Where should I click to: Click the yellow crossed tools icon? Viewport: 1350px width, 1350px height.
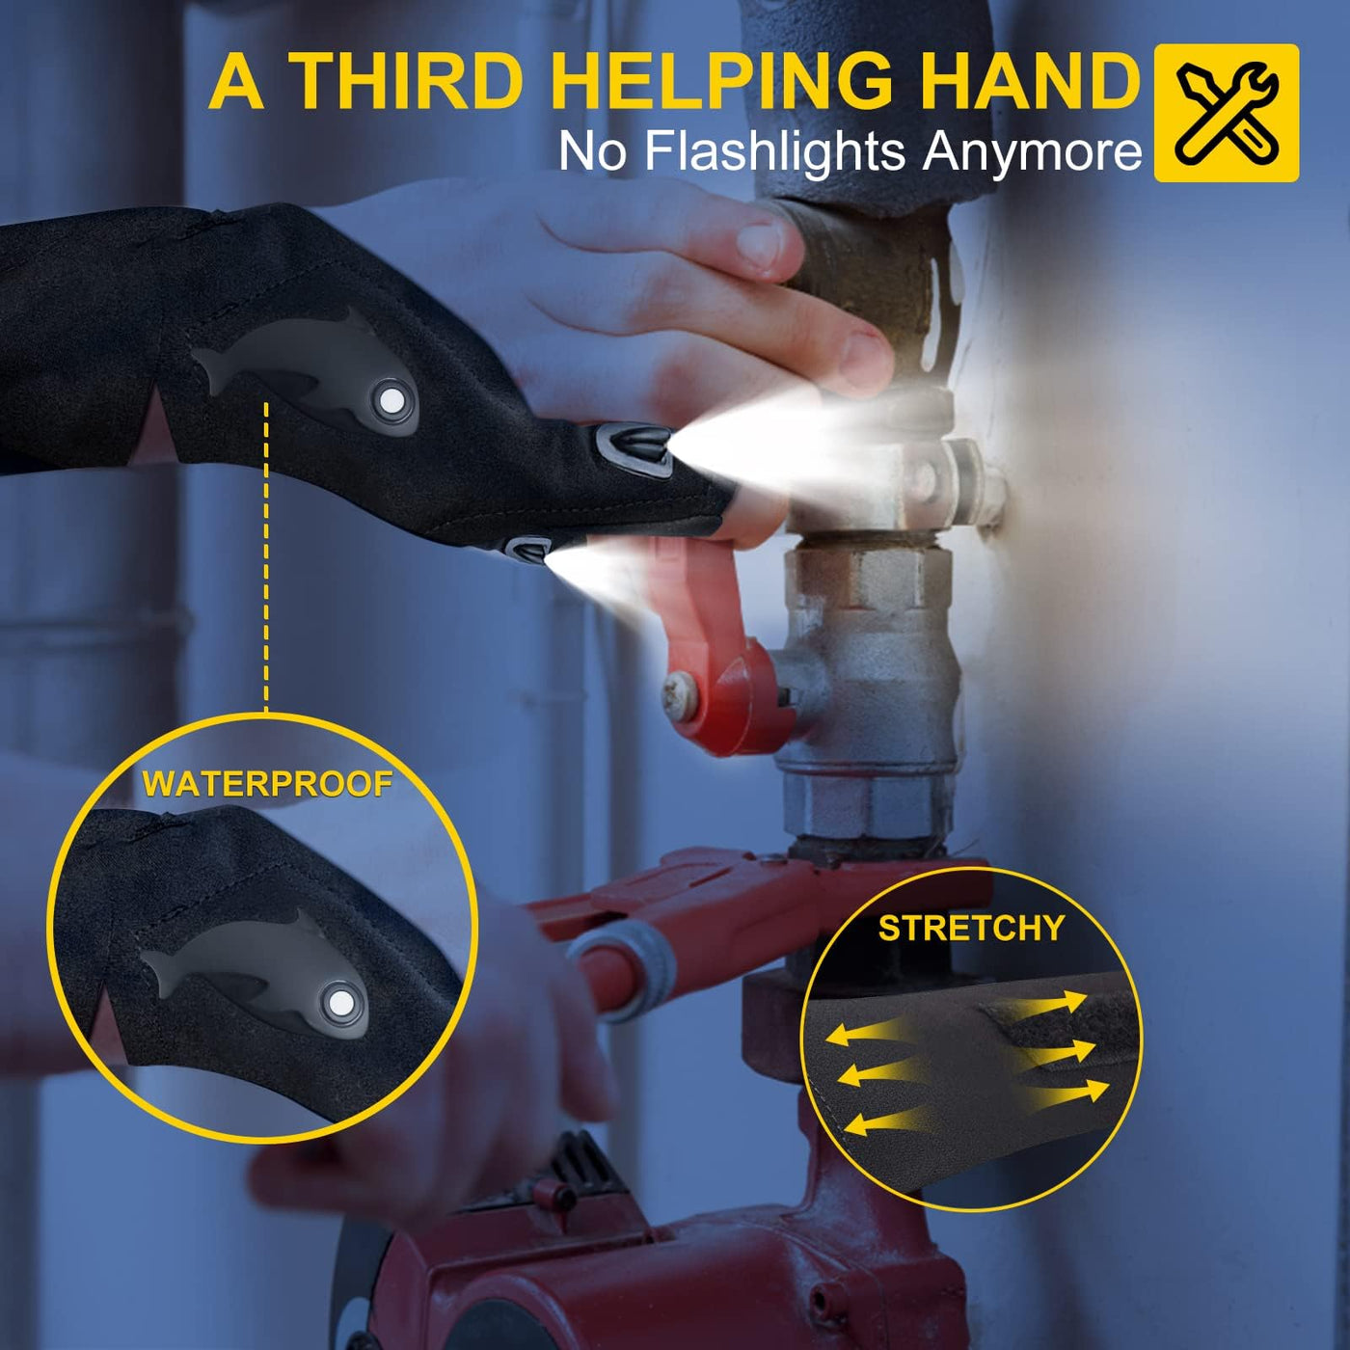(x=1226, y=113)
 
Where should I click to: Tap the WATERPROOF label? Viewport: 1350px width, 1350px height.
(x=267, y=784)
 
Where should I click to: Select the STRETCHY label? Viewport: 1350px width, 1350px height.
(x=971, y=929)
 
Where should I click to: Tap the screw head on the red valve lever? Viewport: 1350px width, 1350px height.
(x=681, y=693)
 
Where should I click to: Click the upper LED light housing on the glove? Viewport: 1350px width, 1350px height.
(x=634, y=447)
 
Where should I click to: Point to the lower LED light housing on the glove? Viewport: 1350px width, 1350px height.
(x=526, y=548)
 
